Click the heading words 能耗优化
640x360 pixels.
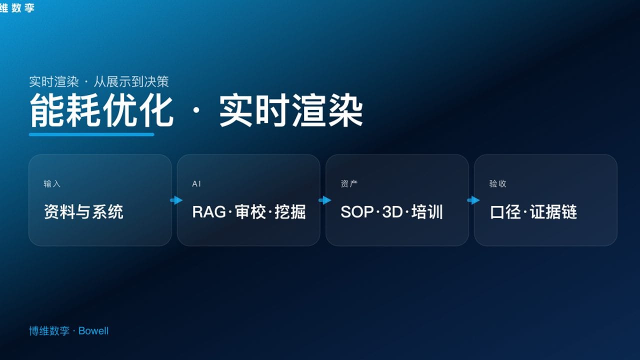(101, 110)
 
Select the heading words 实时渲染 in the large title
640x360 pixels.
(290, 110)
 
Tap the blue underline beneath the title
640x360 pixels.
(91, 134)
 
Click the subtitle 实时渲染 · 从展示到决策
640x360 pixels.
(99, 81)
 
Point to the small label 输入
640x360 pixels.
(52, 184)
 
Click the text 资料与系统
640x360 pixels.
(83, 212)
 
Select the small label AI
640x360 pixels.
(196, 184)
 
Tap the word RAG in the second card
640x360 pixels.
(209, 212)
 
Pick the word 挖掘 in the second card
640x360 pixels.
(290, 212)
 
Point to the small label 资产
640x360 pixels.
(349, 184)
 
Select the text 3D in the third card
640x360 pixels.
(392, 212)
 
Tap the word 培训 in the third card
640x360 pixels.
(427, 212)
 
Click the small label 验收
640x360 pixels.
(497, 184)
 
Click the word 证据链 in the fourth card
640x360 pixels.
(553, 212)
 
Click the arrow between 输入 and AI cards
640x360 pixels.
(176, 200)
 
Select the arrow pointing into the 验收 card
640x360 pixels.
(473, 200)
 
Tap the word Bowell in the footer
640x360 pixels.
(93, 331)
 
